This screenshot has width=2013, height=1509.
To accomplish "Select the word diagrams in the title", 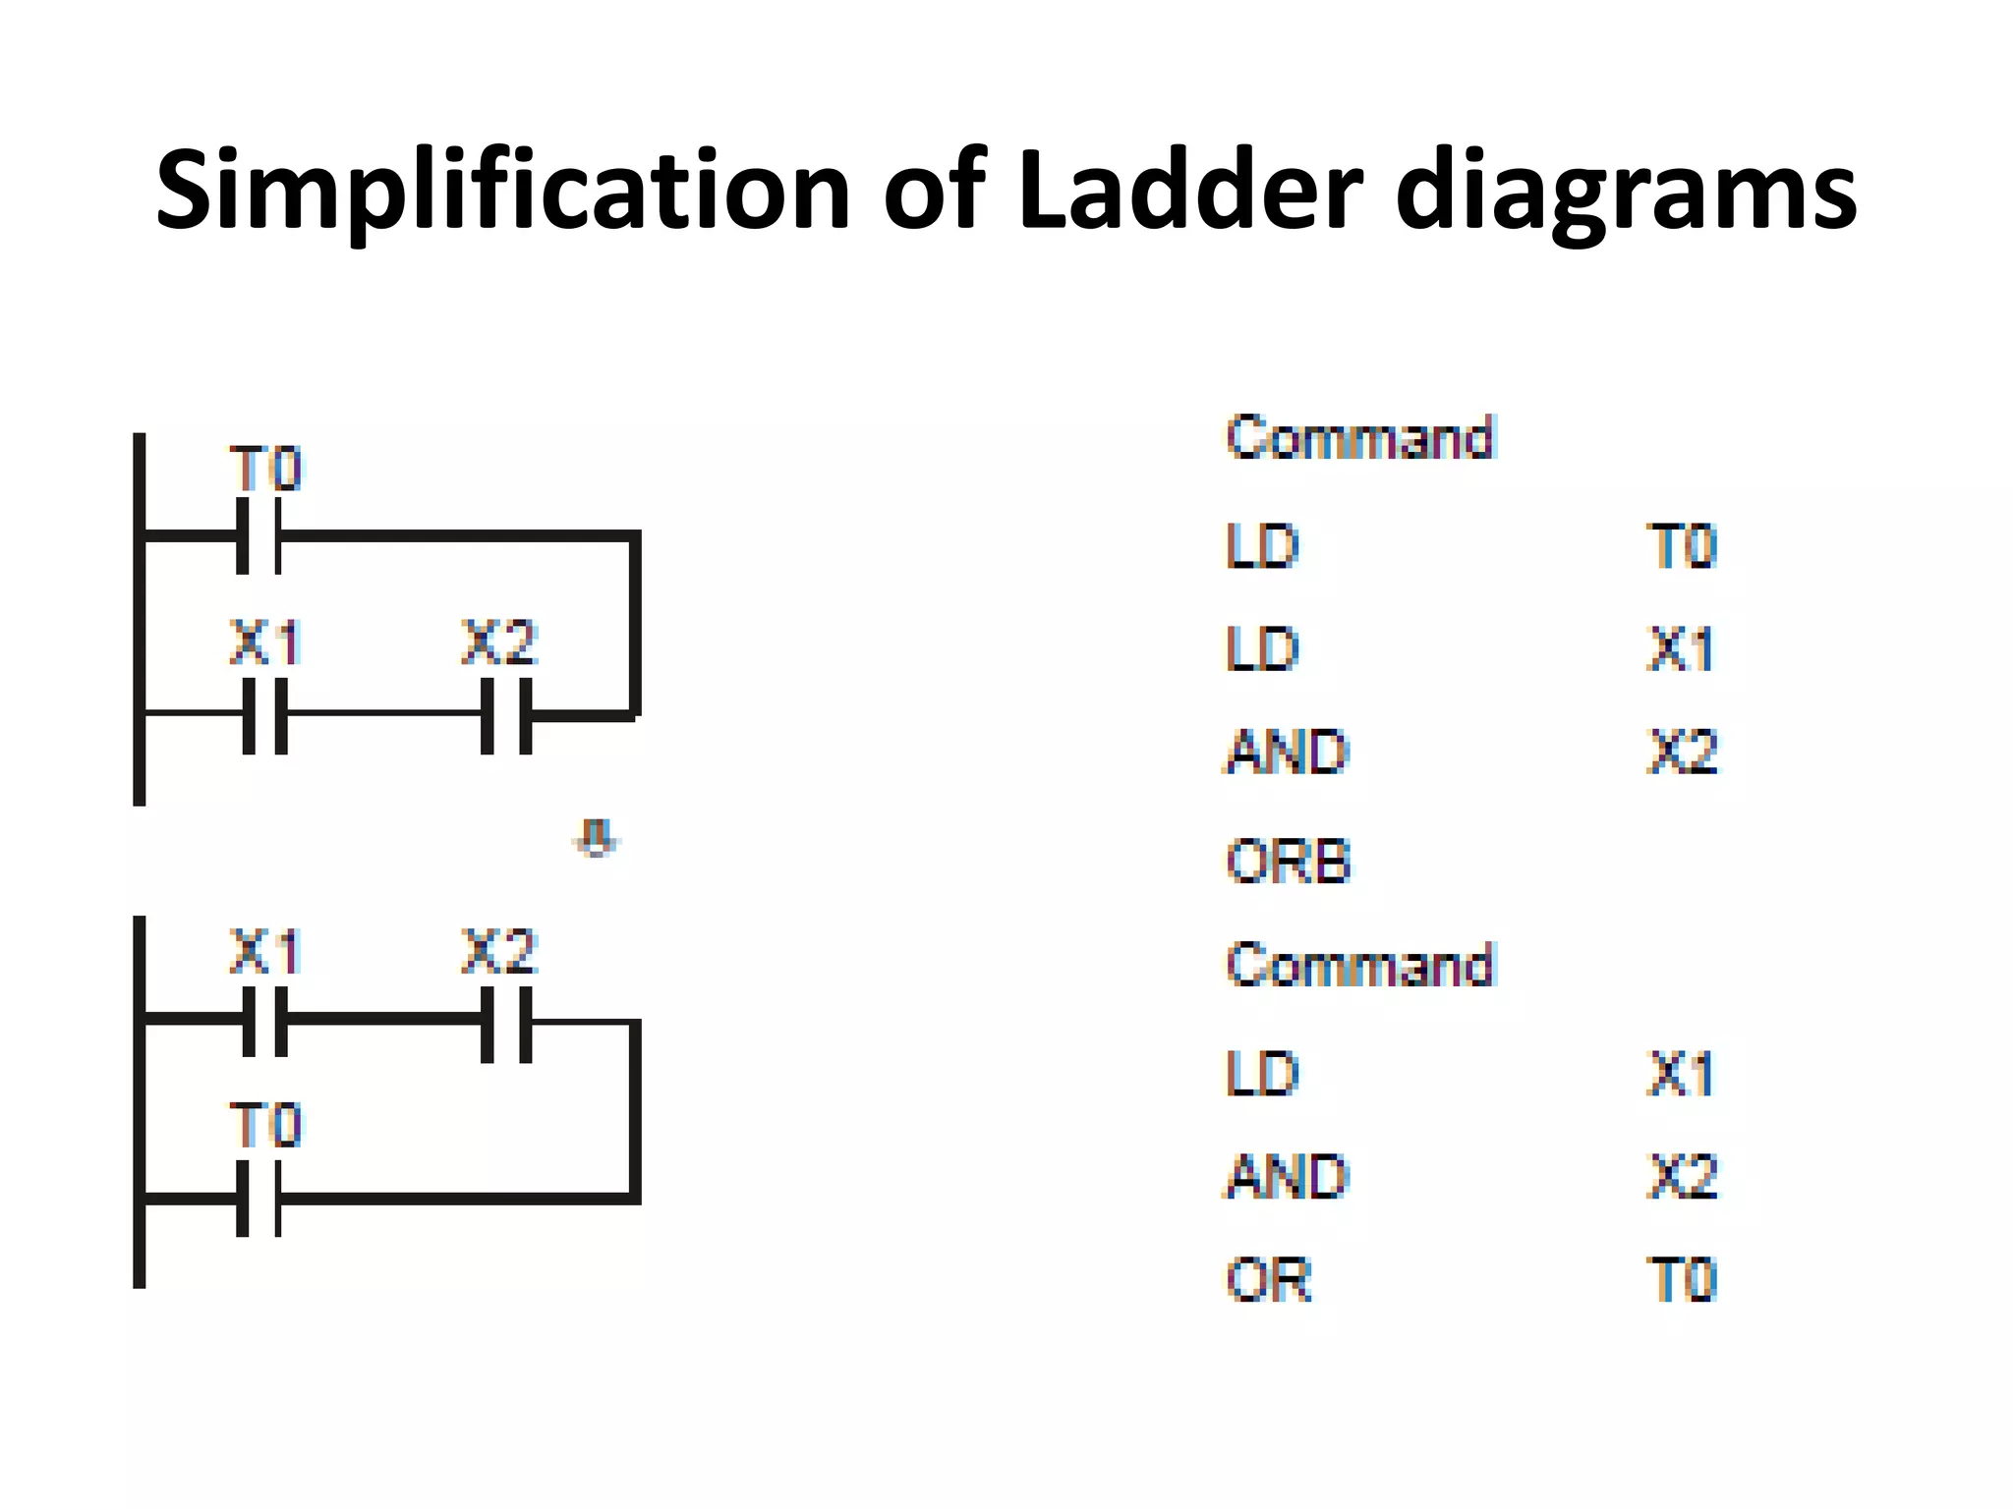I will pos(1626,192).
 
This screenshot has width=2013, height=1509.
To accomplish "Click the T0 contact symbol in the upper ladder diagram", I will pos(259,535).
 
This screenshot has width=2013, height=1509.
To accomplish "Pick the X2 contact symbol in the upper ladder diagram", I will pos(506,715).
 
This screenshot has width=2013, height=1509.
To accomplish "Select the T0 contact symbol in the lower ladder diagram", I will pos(259,1199).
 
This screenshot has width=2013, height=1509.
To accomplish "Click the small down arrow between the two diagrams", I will pos(596,838).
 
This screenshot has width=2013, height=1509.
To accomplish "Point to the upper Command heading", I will pos(1360,437).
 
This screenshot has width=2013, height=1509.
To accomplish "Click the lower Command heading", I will pos(1360,965).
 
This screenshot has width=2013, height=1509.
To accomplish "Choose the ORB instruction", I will pos(1288,861).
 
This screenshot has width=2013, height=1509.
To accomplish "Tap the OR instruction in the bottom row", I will pos(1268,1280).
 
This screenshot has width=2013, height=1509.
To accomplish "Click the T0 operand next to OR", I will pos(1682,1280).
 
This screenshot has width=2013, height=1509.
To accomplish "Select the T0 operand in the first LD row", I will pos(1682,546).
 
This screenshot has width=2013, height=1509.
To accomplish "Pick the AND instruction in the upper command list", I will pos(1287,753).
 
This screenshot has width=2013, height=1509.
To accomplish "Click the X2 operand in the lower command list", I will pos(1682,1176).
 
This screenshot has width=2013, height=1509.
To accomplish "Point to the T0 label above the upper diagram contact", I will pos(265,469).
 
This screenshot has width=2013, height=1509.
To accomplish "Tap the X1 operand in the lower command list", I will pos(1680,1073).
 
